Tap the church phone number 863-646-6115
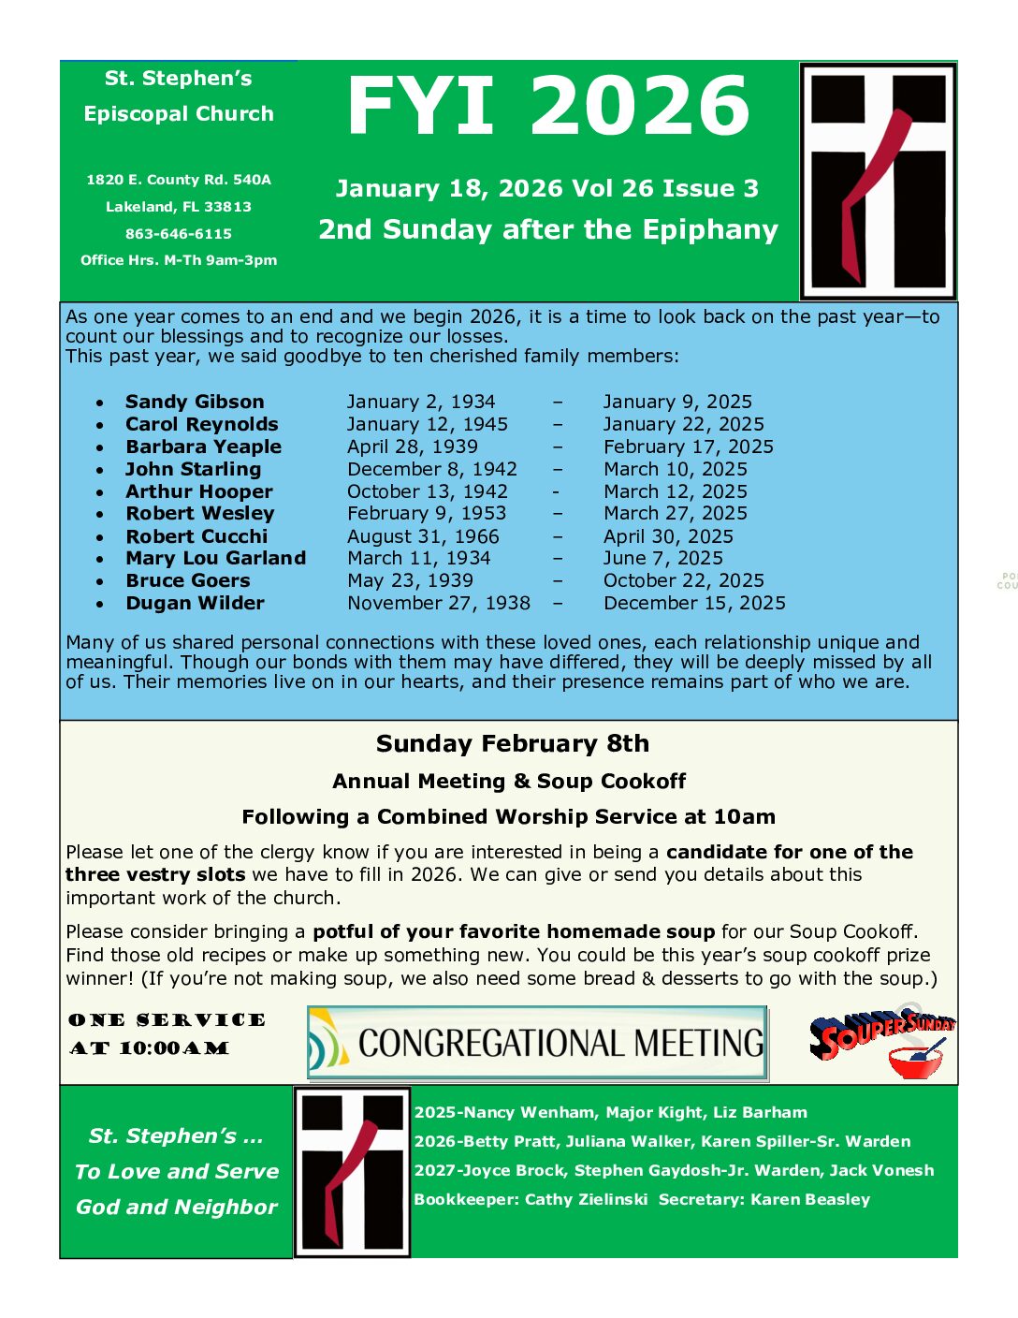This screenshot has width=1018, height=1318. coord(179,234)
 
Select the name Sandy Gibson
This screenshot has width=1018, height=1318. coord(195,402)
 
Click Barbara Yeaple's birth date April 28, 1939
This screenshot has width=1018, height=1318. coord(412,447)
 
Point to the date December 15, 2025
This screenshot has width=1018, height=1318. coord(694,603)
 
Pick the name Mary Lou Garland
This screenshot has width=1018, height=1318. coord(215,558)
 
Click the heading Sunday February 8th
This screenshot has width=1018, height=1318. coord(512,743)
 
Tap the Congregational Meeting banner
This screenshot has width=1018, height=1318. coord(537,1043)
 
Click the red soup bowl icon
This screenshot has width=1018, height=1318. coord(916,1062)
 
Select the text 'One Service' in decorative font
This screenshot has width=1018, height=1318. coord(167,1020)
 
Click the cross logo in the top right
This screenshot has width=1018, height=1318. coord(878,181)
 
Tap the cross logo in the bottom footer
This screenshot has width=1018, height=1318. coord(352,1172)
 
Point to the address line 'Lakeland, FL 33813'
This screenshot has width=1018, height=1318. coord(179,207)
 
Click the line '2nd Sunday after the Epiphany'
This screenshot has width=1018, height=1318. coord(547,229)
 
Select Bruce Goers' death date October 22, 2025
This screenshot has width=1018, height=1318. coord(683,580)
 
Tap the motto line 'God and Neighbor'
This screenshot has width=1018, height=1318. coord(177,1207)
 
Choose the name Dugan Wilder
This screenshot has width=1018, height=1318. coord(195,603)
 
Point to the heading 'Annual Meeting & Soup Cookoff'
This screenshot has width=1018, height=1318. coord(509,781)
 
